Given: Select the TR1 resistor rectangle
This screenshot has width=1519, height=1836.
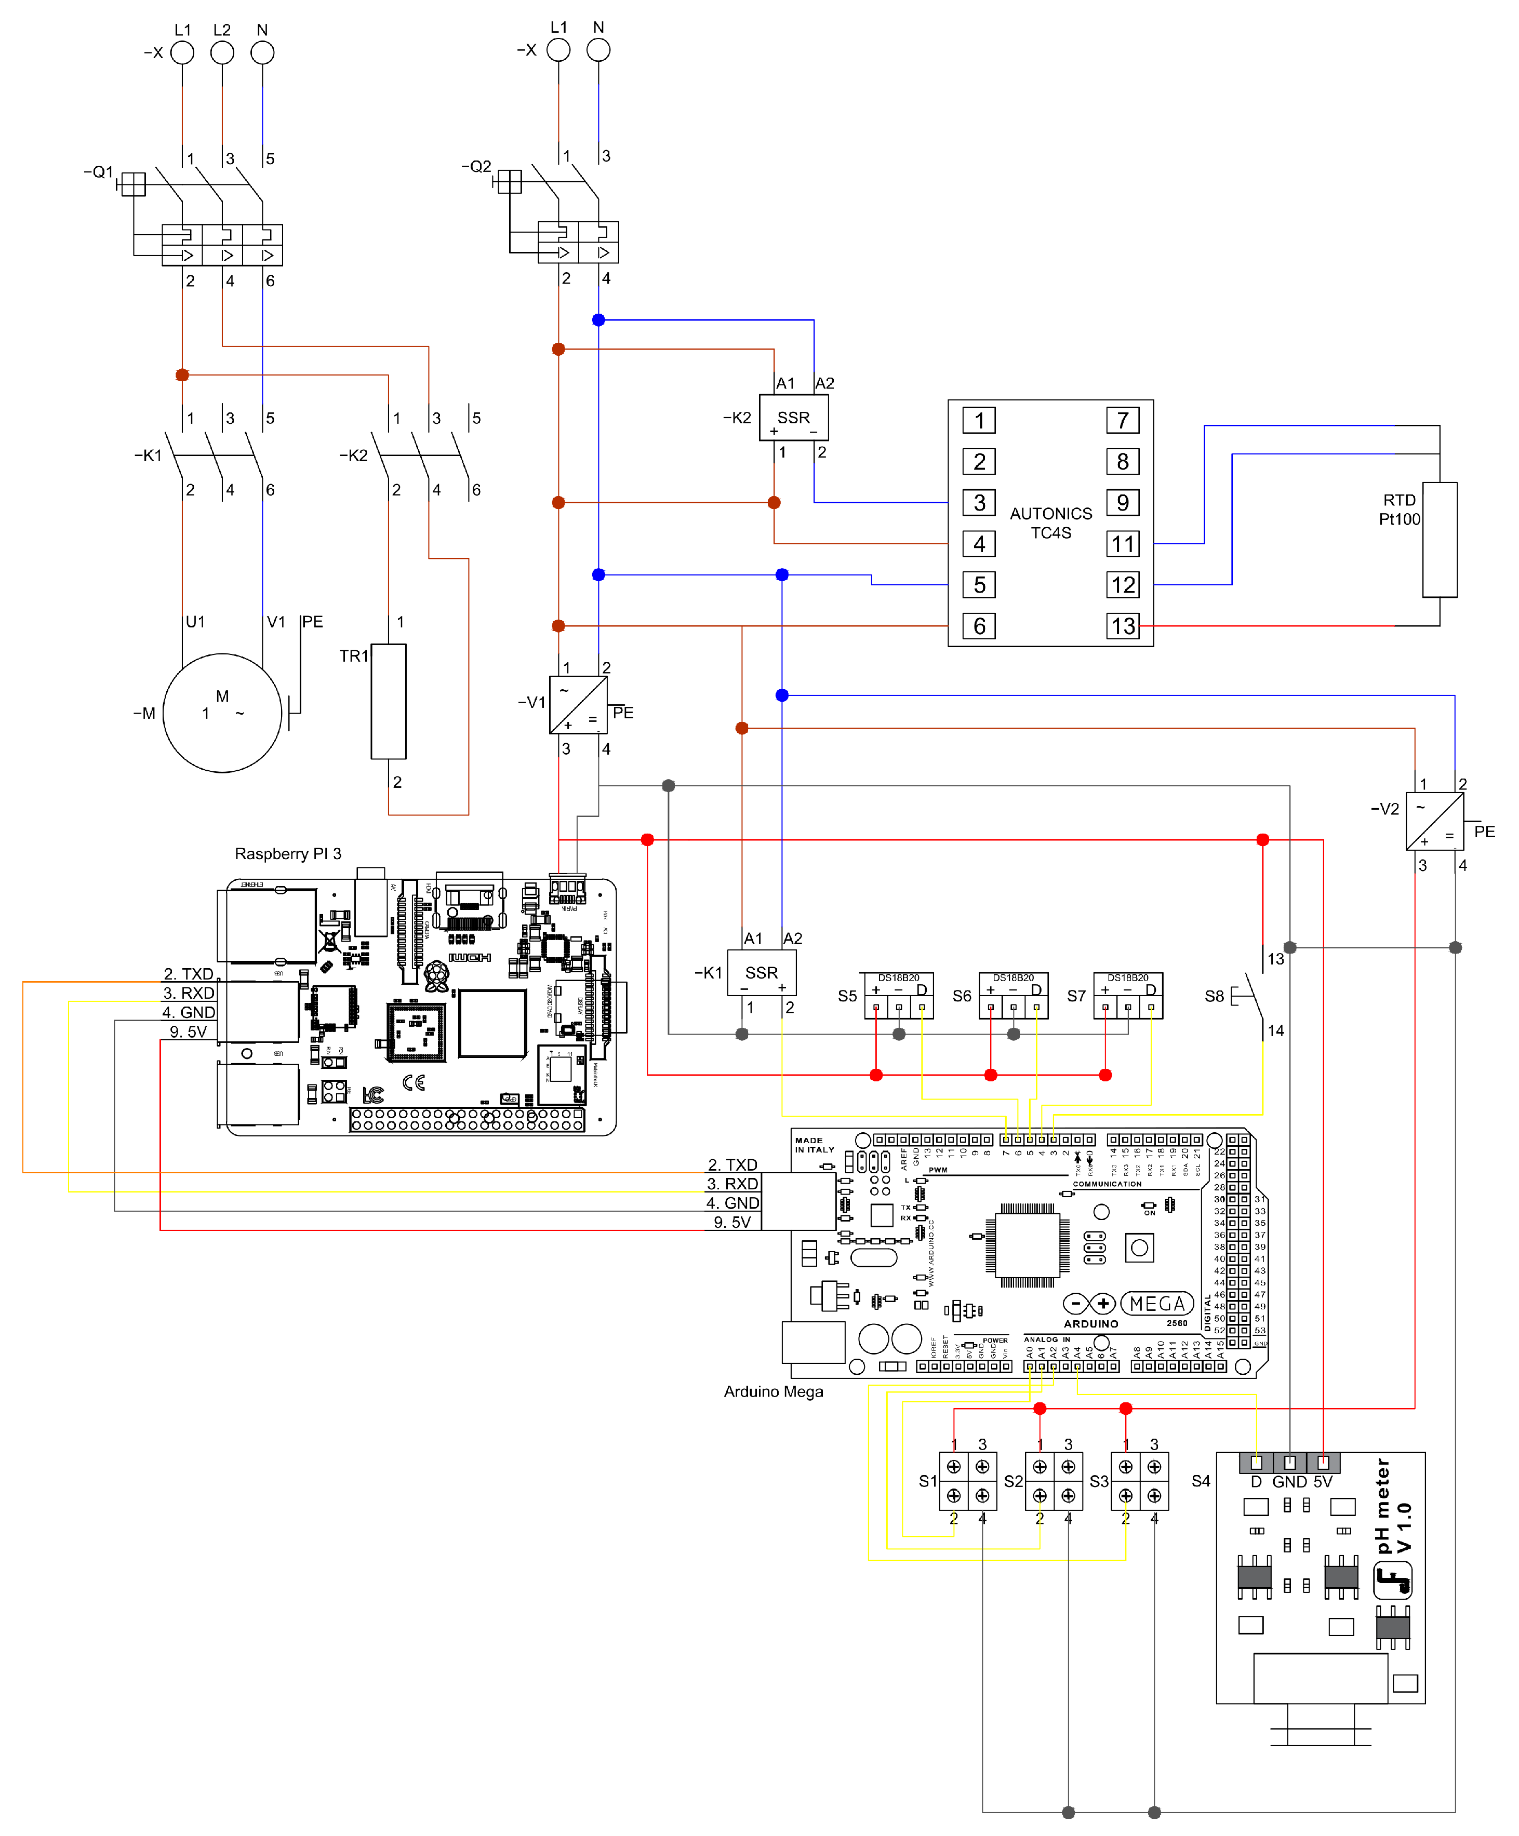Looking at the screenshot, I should tap(388, 701).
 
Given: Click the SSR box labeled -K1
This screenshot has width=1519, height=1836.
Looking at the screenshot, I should tap(761, 972).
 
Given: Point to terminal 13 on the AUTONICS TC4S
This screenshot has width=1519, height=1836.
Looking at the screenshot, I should tap(1122, 626).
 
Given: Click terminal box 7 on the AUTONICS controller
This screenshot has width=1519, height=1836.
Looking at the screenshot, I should tap(1122, 421).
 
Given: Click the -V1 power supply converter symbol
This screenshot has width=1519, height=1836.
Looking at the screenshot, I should tap(578, 705).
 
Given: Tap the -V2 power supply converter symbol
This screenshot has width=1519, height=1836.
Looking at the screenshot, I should tap(1434, 820).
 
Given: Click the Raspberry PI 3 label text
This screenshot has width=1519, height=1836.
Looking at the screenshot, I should tap(288, 853).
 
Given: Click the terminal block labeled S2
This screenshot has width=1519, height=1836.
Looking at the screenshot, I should tap(1053, 1481).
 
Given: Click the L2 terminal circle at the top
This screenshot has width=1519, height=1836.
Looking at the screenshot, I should tap(222, 52).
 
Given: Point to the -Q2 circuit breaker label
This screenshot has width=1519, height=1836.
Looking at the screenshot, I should tap(476, 166).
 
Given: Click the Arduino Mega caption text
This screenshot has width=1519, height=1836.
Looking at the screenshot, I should tap(773, 1391).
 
